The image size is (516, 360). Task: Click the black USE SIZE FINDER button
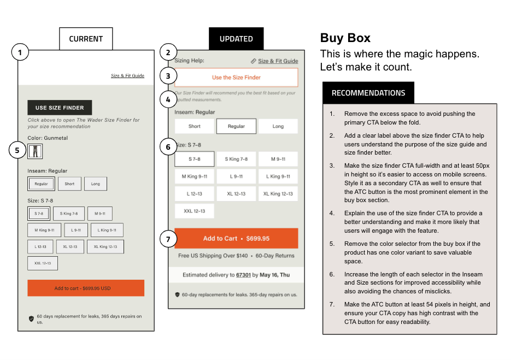point(60,108)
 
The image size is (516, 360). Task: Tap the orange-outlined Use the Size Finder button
point(236,78)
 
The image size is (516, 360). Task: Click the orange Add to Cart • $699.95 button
point(236,239)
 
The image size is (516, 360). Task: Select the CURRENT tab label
point(86,39)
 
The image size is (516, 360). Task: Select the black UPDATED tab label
point(236,39)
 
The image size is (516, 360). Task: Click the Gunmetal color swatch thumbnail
point(35,151)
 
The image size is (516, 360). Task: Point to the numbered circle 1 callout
point(20,53)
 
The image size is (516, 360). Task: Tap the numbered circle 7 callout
point(168,239)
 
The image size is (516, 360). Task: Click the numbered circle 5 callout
point(18,150)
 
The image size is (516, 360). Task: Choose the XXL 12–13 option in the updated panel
point(194,211)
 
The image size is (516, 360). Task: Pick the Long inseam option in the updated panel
point(278,126)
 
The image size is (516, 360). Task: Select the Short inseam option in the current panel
point(69,184)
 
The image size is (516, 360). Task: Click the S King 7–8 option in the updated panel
point(236,159)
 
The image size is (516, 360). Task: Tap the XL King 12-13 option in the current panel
point(105,246)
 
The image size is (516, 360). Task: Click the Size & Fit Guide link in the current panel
point(127,76)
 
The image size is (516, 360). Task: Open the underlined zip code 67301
point(243,275)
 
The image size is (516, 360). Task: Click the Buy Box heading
point(345,38)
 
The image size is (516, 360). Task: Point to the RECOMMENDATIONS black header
point(368,93)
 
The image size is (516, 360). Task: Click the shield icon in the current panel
point(31,318)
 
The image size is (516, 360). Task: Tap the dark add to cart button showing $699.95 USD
point(86,288)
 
